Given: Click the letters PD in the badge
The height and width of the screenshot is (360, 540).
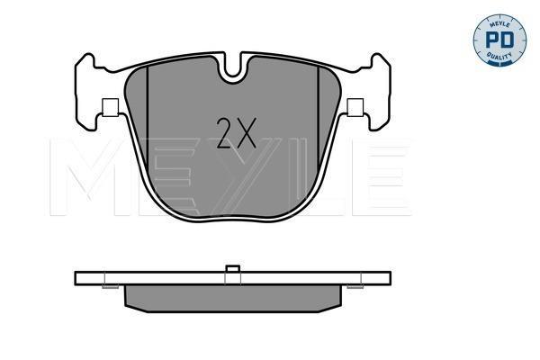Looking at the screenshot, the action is tap(499, 40).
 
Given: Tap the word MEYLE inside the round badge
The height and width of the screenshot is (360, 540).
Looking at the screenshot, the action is tap(499, 22).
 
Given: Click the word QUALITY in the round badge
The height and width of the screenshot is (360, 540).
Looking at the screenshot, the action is tap(499, 56).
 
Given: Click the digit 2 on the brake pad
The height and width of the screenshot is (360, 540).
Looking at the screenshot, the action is tap(225, 133).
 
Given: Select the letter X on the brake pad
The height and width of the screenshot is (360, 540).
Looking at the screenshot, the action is tap(246, 133).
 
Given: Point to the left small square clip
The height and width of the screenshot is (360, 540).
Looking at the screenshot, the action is tap(110, 107).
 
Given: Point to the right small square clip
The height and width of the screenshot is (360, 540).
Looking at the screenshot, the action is tap(355, 107).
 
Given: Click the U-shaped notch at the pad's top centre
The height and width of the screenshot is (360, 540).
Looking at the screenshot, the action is tap(233, 69).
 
